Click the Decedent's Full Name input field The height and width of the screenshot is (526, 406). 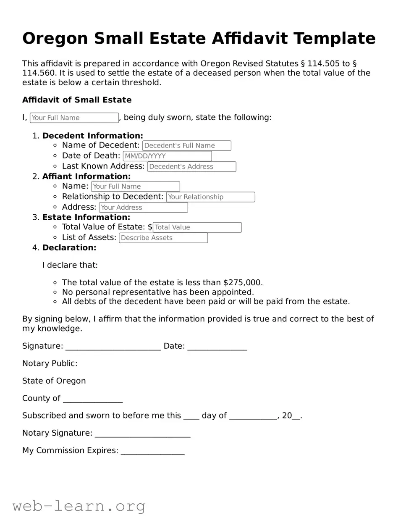tap(187, 146)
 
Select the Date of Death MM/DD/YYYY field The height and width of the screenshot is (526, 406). tap(167, 156)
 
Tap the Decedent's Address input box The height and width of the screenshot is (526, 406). tap(191, 167)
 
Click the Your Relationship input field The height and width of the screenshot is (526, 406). tap(210, 197)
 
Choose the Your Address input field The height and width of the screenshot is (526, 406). tap(143, 208)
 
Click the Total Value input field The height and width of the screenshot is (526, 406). tap(197, 227)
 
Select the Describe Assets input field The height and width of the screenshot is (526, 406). tap(163, 238)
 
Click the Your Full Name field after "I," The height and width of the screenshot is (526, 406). tap(74, 118)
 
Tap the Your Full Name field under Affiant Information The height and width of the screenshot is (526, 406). tap(135, 187)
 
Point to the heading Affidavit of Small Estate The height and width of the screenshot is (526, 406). tap(77, 100)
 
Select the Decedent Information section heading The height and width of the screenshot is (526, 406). tap(92, 136)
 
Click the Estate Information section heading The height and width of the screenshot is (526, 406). tap(86, 217)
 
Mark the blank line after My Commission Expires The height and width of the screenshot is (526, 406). tap(152, 452)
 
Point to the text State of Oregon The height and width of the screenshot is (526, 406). tap(54, 381)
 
